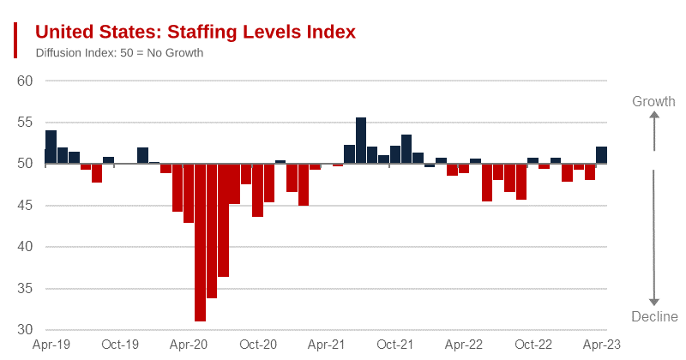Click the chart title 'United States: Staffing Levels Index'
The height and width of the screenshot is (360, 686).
pyautogui.click(x=195, y=32)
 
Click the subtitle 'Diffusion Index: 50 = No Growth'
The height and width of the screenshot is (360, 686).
pyautogui.click(x=119, y=53)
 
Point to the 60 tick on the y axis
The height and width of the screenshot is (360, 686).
pyautogui.click(x=25, y=81)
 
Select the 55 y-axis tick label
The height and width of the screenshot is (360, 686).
pyautogui.click(x=25, y=123)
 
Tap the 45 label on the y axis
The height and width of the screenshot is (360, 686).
pyautogui.click(x=25, y=206)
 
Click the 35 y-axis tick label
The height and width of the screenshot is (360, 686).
pyautogui.click(x=25, y=289)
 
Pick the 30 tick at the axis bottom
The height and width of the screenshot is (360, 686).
pyautogui.click(x=25, y=330)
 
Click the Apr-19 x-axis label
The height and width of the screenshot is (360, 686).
pyautogui.click(x=51, y=345)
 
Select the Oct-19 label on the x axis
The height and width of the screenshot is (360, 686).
pyautogui.click(x=120, y=345)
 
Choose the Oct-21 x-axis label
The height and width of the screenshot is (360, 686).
pyautogui.click(x=395, y=345)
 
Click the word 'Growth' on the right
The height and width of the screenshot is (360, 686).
pyautogui.click(x=653, y=102)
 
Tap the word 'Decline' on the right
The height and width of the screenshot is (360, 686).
pyautogui.click(x=654, y=317)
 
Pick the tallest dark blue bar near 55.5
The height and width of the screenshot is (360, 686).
pyautogui.click(x=361, y=141)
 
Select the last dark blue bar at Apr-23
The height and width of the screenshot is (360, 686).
pyautogui.click(x=602, y=155)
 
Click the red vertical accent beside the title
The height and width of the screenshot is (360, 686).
pyautogui.click(x=15, y=40)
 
